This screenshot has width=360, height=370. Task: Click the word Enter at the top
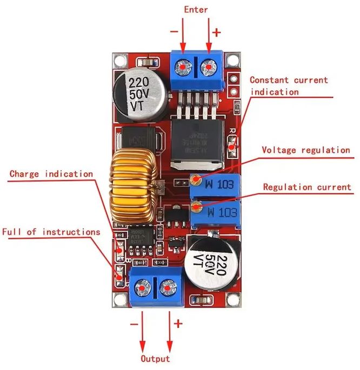tap(196, 10)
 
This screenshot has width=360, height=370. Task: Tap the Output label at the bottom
tap(155, 359)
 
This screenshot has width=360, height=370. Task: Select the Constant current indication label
tap(289, 86)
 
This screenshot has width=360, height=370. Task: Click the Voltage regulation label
tap(306, 150)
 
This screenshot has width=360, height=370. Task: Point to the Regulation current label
tap(307, 187)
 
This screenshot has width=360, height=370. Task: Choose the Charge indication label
tap(51, 174)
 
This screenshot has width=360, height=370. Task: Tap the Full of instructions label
tap(51, 232)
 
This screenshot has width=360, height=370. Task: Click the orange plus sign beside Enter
tap(217, 32)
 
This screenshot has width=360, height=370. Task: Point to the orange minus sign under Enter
tap(174, 31)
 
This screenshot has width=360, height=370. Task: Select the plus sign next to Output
tap(177, 324)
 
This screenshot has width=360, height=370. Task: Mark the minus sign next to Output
tap(135, 324)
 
